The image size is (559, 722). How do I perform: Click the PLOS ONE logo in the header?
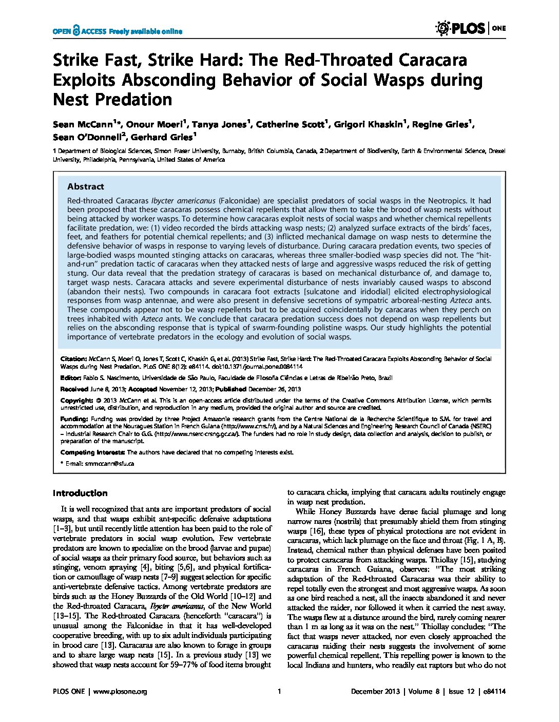pyautogui.click(x=470, y=29)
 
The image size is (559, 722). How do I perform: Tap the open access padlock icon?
pyautogui.click(x=76, y=31)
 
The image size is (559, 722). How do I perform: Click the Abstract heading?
pyautogui.click(x=85, y=186)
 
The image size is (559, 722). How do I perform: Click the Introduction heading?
pyautogui.click(x=80, y=493)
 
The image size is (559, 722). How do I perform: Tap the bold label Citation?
pyautogui.click(x=73, y=359)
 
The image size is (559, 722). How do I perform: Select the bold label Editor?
pyautogui.click(x=70, y=378)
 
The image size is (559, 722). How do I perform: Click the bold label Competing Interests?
pyautogui.click(x=92, y=452)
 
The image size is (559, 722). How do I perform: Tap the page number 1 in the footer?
pyautogui.click(x=279, y=692)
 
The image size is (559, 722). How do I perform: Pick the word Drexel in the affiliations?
pyautogui.click(x=496, y=151)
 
